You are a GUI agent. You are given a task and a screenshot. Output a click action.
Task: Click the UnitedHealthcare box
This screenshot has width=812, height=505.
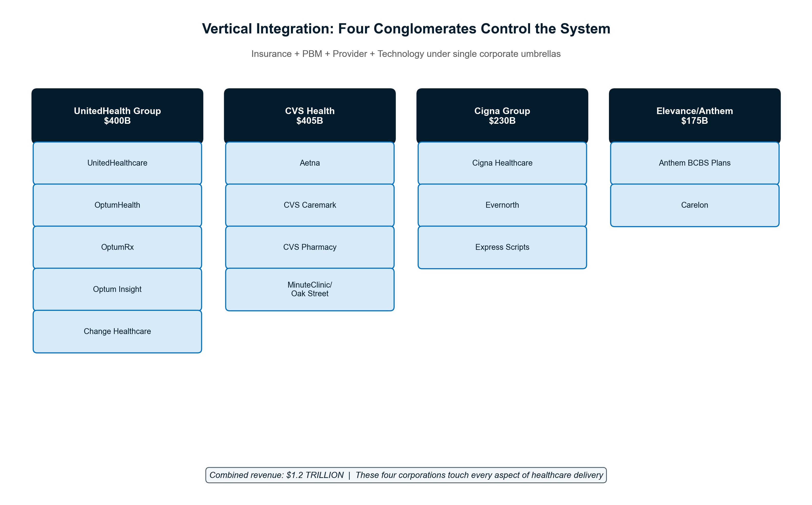[x=117, y=163]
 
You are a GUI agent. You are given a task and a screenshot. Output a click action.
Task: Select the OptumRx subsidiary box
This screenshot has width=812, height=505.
[x=117, y=247]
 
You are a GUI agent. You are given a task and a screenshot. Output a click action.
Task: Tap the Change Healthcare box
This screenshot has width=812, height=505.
[x=117, y=331]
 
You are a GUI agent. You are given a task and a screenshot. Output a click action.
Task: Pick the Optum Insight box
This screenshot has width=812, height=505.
[x=117, y=289]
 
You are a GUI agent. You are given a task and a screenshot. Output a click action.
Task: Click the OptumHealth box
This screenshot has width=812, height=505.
[x=117, y=205]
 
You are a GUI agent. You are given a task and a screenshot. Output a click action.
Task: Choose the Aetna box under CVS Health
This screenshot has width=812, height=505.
[x=310, y=163]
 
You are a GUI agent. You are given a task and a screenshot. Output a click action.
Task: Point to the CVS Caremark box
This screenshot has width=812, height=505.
[x=310, y=205]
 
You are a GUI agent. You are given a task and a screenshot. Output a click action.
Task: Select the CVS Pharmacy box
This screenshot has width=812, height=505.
[x=310, y=247]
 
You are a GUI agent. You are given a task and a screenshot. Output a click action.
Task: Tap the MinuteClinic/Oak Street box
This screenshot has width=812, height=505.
[x=310, y=289]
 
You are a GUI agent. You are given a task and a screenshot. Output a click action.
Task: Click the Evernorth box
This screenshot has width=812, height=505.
[x=502, y=205]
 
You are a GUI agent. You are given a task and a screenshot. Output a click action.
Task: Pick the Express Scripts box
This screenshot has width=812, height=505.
[x=502, y=247]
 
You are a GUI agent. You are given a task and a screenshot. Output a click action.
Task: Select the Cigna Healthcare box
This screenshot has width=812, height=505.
[x=502, y=163]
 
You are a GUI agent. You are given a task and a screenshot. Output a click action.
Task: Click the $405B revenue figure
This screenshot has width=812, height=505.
[x=310, y=121]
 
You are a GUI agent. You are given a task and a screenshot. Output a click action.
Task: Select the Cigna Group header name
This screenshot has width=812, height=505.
[x=502, y=111]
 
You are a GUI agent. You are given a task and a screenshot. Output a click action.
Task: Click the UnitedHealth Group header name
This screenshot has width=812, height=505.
[x=117, y=111]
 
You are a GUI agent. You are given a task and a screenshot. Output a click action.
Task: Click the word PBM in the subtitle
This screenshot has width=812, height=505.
[x=312, y=54]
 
